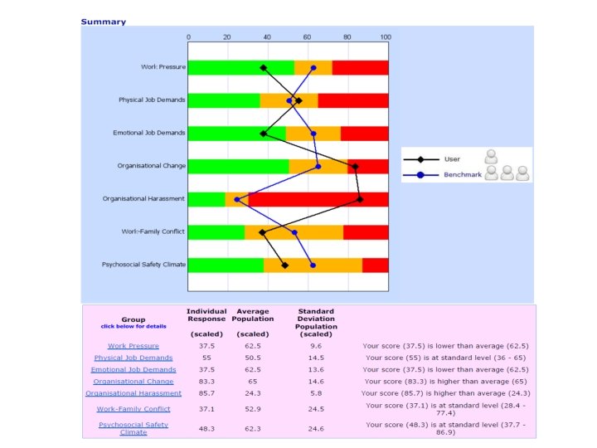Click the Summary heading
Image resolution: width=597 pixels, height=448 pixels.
pos(104,22)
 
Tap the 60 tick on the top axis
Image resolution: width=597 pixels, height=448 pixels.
pos(307,37)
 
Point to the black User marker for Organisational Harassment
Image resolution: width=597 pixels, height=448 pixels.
pos(360,199)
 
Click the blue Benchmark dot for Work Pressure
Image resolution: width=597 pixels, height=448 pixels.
pos(313,68)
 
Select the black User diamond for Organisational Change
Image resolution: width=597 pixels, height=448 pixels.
pos(355,167)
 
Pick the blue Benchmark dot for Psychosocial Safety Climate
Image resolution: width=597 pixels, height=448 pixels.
pos(313,265)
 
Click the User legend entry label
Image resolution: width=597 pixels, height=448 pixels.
pos(452,158)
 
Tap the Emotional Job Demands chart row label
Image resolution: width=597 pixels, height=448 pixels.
pos(149,134)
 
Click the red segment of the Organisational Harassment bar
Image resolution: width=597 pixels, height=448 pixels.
pos(318,199)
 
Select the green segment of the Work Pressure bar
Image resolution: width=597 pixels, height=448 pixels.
pos(240,68)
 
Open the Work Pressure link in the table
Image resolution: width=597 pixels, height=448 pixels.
pos(133,346)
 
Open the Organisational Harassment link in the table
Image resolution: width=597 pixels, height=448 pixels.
pos(133,393)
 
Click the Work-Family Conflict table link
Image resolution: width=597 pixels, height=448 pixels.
pos(133,409)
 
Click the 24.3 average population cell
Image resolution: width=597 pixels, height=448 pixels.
pos(252,393)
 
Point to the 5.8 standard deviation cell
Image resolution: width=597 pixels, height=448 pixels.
pos(316,393)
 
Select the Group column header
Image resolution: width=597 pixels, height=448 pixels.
pos(133,319)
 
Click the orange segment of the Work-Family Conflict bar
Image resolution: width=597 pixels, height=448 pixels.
pos(294,232)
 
